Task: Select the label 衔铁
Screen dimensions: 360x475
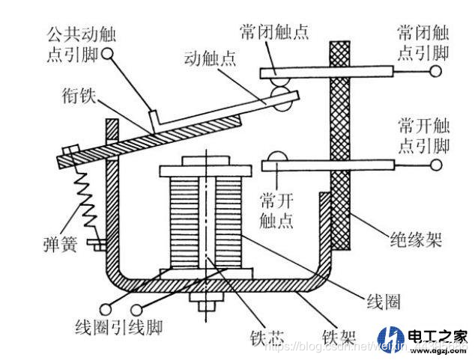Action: pyautogui.click(x=78, y=96)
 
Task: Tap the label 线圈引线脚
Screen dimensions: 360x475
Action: pyautogui.click(x=120, y=327)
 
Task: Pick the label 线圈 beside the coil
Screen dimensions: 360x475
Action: pyautogui.click(x=383, y=302)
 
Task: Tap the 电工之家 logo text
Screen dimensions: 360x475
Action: pyautogui.click(x=438, y=335)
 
